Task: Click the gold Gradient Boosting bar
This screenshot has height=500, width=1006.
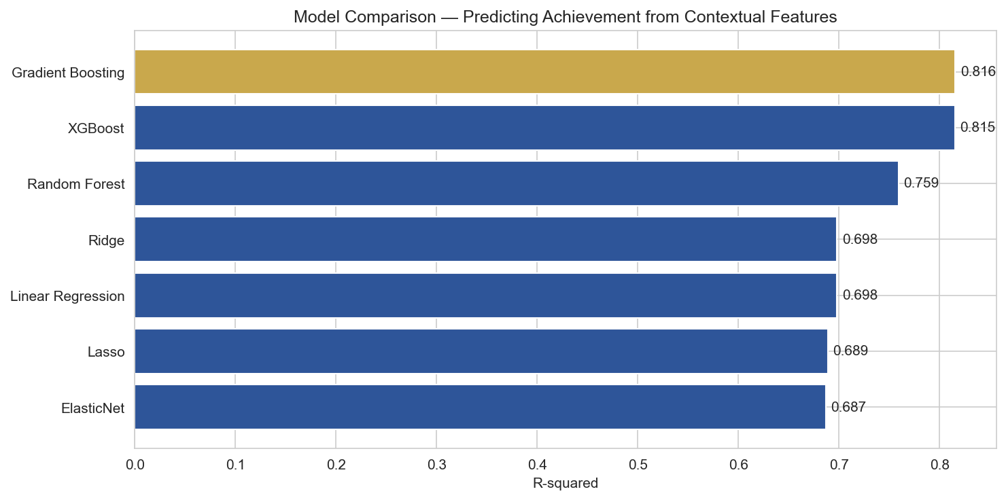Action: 544,71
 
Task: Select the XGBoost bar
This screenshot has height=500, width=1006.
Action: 544,128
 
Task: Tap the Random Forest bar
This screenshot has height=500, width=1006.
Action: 516,183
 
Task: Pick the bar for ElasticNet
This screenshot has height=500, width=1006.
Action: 480,407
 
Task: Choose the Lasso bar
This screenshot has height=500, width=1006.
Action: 481,351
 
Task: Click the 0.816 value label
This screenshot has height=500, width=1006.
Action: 977,71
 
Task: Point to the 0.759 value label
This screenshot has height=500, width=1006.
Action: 921,183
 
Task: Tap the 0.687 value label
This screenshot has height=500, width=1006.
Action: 848,407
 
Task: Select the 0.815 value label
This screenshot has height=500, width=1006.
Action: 977,128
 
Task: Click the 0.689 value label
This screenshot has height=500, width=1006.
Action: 850,351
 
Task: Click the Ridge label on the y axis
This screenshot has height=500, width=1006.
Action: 106,239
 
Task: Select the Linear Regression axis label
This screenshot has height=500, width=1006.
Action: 67,296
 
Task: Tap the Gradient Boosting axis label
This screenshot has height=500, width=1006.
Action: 68,72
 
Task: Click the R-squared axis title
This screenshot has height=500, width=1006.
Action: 565,484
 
